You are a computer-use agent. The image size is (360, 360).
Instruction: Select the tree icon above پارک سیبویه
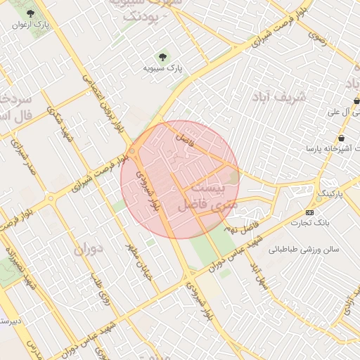pyautogui.click(x=163, y=56)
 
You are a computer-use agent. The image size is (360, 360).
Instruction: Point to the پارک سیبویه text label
pyautogui.click(x=163, y=68)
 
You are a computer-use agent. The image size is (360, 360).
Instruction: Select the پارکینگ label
pyautogui.click(x=334, y=193)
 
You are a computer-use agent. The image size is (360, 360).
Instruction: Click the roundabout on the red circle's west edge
pyautogui.click(x=132, y=150)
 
